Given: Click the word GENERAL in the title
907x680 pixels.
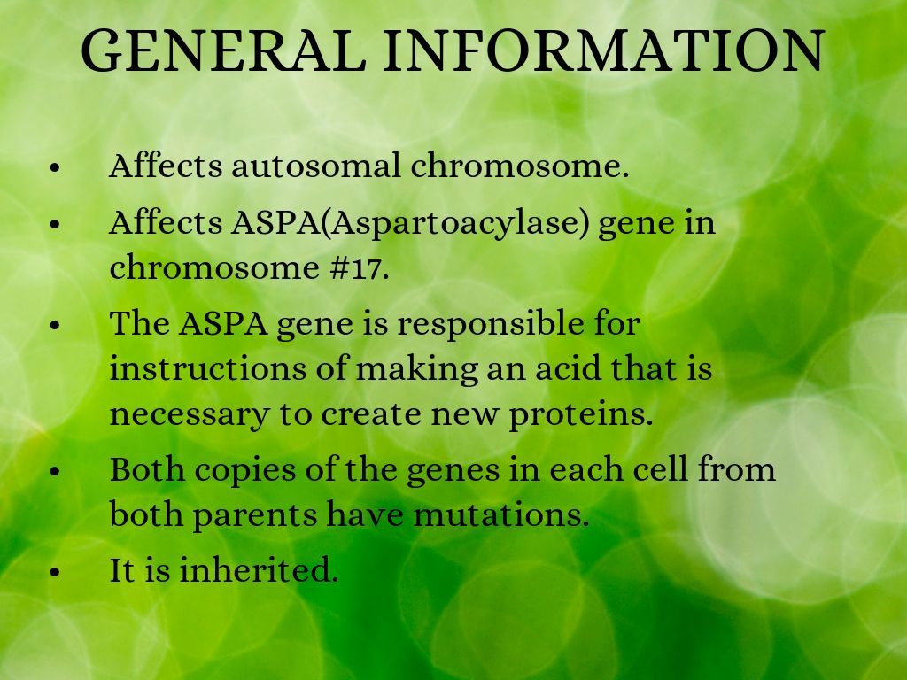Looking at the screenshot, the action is click(x=224, y=50).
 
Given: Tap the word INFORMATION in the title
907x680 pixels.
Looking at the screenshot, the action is click(x=604, y=50).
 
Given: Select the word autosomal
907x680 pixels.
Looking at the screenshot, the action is click(x=316, y=166).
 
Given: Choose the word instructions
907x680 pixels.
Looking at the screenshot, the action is click(x=208, y=368).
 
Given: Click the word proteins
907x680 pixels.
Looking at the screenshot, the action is click(x=580, y=414).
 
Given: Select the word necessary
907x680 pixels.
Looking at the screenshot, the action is click(x=190, y=415).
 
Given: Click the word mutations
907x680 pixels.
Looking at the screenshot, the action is click(x=501, y=514).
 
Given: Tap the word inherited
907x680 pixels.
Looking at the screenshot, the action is click(x=258, y=569).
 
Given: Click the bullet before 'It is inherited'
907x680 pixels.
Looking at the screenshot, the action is click(x=55, y=572).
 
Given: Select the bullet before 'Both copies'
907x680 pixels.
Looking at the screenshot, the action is click(x=55, y=471).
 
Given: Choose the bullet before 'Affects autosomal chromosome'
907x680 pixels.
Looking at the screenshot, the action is click(x=55, y=168).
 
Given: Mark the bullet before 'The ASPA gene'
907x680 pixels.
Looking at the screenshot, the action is click(x=55, y=326).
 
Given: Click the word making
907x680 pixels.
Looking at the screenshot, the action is click(x=416, y=370).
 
